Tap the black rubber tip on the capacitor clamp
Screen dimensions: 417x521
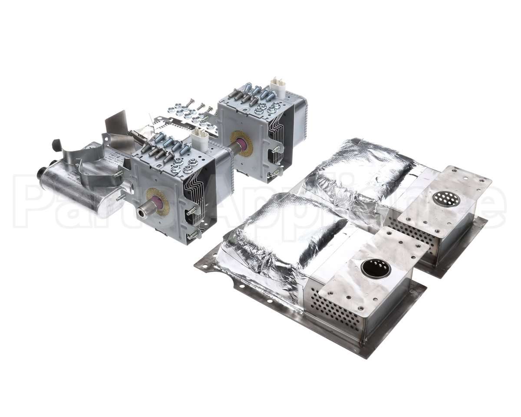pos(56,145)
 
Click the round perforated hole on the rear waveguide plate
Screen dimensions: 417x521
pos(446,199)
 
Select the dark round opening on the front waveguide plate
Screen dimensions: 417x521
pos(376,268)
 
